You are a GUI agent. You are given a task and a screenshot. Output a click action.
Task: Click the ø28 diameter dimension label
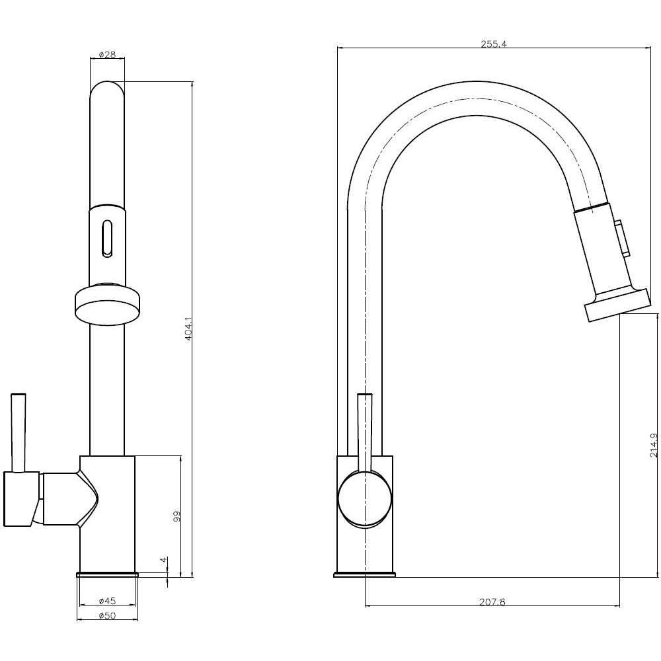(107, 55)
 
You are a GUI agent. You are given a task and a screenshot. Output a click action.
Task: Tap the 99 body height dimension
(176, 516)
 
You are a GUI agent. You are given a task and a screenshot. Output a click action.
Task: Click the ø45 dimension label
(107, 601)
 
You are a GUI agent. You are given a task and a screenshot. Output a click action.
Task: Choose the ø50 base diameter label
(107, 615)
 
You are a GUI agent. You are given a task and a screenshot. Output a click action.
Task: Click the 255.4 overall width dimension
(492, 44)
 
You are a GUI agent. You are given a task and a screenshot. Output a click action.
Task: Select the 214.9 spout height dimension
(653, 445)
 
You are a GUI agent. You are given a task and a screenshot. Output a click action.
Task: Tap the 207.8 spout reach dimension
(492, 602)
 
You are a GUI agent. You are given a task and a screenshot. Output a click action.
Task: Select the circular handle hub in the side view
(365, 499)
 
